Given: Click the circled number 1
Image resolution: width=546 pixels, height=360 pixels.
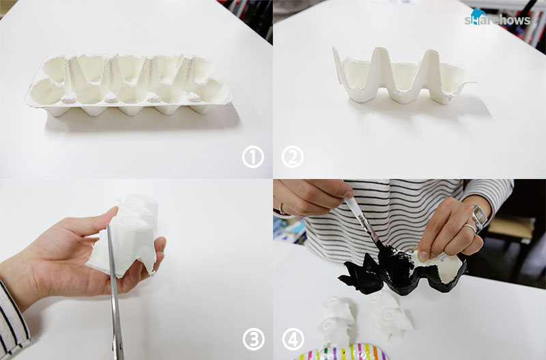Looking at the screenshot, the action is pyautogui.click(x=253, y=157).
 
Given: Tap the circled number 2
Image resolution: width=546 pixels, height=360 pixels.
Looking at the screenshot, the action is pyautogui.click(x=293, y=157).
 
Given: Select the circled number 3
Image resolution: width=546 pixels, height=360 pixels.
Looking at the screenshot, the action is pyautogui.click(x=253, y=340).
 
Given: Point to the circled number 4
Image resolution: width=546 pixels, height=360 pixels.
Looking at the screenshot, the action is pyautogui.click(x=293, y=340).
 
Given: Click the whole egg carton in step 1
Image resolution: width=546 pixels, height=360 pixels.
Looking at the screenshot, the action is pyautogui.click(x=128, y=85).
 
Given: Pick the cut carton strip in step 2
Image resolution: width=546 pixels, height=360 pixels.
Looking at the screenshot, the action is pyautogui.click(x=402, y=77).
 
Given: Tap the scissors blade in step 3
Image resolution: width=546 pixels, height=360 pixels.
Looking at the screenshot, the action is pyautogui.click(x=115, y=293).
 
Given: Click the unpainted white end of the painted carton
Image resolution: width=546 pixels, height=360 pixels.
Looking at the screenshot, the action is pyautogui.click(x=446, y=265).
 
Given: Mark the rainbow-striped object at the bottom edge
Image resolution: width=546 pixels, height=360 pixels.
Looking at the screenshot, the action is pyautogui.click(x=343, y=352).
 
